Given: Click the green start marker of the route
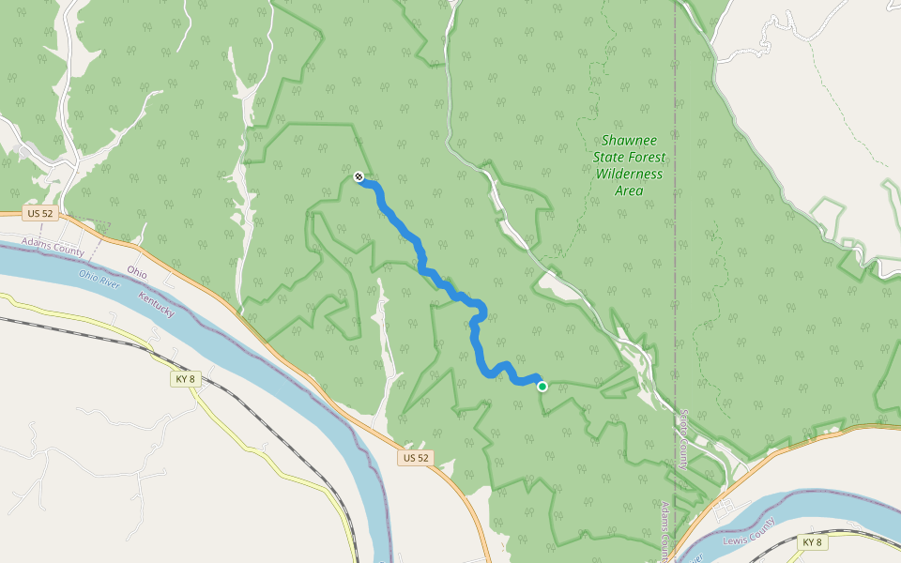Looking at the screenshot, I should point(542,386).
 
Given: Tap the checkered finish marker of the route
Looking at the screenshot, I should point(359,176).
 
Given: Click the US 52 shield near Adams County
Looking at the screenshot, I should point(40,214).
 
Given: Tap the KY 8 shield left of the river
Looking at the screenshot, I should point(186,379).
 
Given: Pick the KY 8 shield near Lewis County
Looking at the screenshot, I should point(812,542).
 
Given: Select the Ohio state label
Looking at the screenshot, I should point(137,272).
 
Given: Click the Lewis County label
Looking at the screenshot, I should point(749,533).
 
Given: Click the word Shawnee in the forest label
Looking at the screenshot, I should point(630,139).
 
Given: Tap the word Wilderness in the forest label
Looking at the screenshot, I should point(629,174).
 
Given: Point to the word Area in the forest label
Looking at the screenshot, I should point(629,190).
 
